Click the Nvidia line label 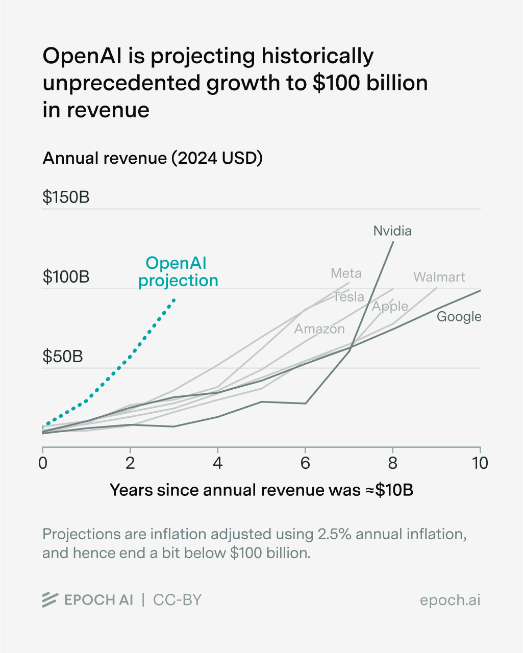tap(392, 231)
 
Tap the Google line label tap(459, 317)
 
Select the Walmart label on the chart tap(439, 277)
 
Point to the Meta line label tap(346, 273)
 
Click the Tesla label tap(348, 297)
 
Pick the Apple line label tap(390, 307)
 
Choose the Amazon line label tap(319, 329)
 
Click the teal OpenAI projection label tap(178, 272)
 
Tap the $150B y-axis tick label tap(66, 197)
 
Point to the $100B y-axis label tap(66, 277)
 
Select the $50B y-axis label tap(62, 357)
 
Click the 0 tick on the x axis tap(43, 463)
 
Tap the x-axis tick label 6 tap(305, 463)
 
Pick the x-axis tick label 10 tap(480, 463)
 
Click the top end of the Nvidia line tap(393, 242)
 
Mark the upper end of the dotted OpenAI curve tap(175, 299)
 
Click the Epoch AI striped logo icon tap(49, 600)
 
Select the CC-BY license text tap(177, 600)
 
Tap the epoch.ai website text tap(450, 600)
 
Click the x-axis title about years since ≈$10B tap(261, 490)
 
